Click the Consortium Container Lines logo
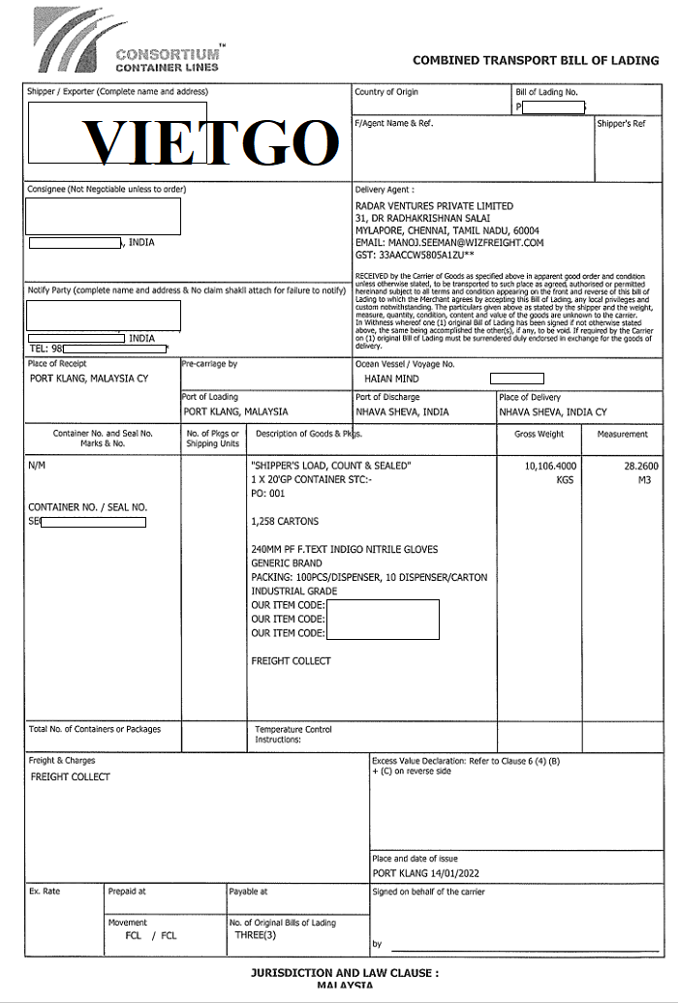(x=127, y=41)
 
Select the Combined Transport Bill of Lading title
(x=536, y=60)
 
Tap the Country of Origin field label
(x=387, y=92)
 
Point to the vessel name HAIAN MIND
(x=391, y=379)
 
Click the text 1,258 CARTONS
(x=285, y=522)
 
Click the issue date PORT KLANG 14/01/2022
(x=425, y=873)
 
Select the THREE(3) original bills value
(x=256, y=935)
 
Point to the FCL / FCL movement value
(x=151, y=936)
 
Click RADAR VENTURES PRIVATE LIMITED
(x=434, y=206)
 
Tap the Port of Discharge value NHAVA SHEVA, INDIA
(x=402, y=411)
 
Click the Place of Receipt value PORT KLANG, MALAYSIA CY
(x=89, y=379)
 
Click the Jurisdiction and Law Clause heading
(x=345, y=971)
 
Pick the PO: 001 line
(x=270, y=494)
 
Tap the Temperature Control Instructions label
(x=293, y=734)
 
